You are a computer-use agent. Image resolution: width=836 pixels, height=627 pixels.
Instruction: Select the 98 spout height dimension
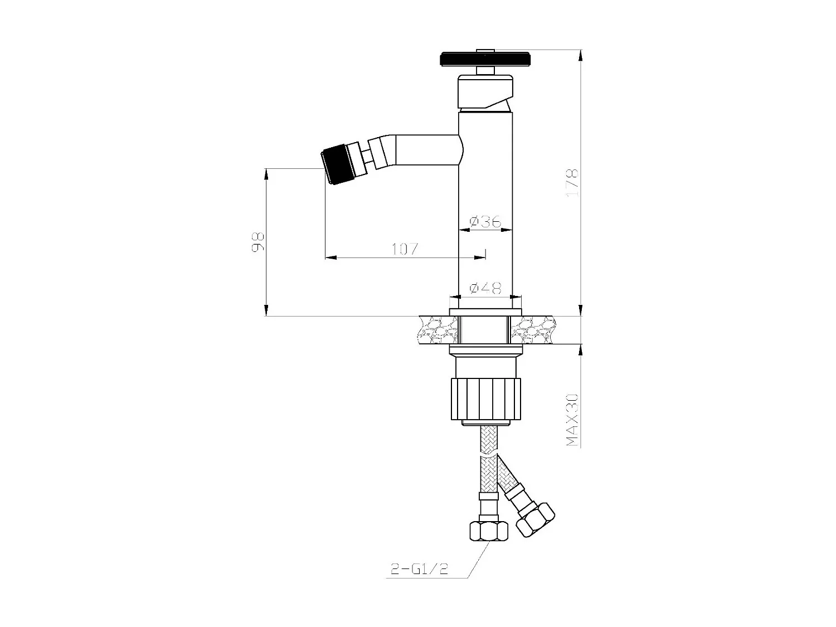coord(257,242)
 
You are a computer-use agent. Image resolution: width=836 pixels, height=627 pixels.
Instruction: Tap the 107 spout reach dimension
coord(405,249)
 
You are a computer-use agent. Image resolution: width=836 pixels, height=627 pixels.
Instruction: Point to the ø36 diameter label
coord(485,221)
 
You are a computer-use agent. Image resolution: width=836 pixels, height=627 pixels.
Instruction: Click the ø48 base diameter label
coord(485,288)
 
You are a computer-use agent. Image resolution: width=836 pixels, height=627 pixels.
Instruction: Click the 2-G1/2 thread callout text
coord(417,569)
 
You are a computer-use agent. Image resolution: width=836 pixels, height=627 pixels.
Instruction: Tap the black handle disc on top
coord(484,59)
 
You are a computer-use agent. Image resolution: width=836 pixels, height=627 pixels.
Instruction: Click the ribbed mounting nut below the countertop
coord(485,398)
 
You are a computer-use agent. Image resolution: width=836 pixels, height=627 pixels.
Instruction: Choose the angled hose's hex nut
coord(535,518)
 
